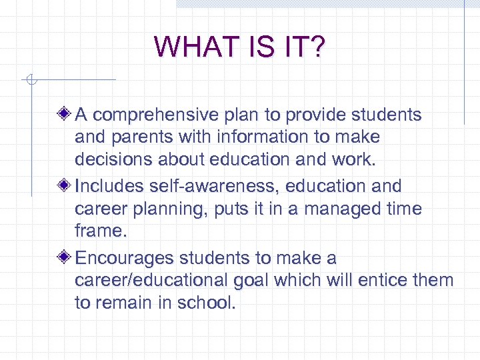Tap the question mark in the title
click(x=316, y=47)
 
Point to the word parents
click(x=139, y=138)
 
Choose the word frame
click(x=100, y=231)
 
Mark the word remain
click(x=125, y=303)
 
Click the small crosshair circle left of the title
click(x=29, y=80)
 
